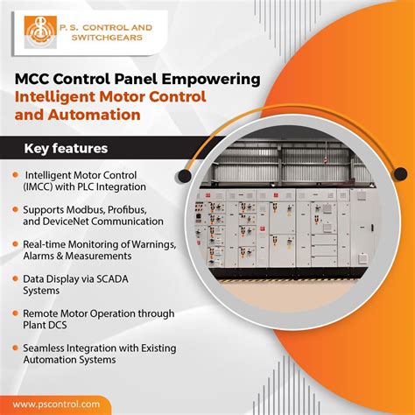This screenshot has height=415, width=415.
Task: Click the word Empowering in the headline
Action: click(x=213, y=79)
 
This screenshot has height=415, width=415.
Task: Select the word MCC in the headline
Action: click(x=36, y=79)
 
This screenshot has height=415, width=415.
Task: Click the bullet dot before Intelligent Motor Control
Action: click(x=17, y=174)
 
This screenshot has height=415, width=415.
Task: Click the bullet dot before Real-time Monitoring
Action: click(x=17, y=243)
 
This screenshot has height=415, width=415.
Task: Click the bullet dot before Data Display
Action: click(x=17, y=278)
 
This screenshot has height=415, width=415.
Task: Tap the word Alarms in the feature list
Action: click(x=41, y=256)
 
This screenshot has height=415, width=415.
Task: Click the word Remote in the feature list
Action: click(x=41, y=313)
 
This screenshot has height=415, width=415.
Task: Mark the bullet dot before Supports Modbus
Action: click(x=17, y=210)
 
